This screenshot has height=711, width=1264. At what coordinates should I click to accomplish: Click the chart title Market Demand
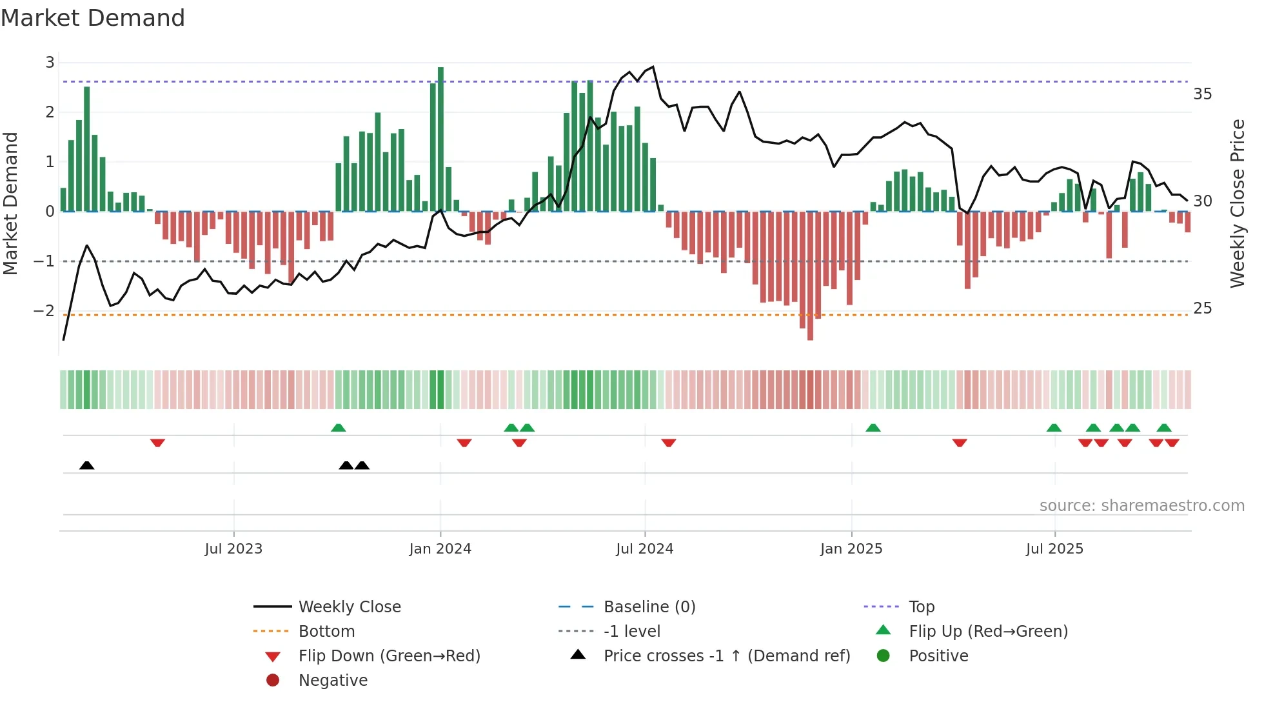(93, 18)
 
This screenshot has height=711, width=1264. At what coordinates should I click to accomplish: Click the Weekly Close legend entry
(349, 607)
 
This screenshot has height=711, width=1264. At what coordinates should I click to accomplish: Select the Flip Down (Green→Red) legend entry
(389, 656)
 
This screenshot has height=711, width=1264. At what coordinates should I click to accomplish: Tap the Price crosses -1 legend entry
(726, 656)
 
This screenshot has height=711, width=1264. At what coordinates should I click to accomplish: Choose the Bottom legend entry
(326, 632)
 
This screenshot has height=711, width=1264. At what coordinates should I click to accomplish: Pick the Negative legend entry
(333, 681)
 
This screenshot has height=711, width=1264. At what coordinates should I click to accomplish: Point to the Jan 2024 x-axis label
(440, 549)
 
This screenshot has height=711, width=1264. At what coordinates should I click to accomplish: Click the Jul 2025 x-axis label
(1054, 549)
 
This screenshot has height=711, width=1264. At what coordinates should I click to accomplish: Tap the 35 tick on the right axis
(1202, 94)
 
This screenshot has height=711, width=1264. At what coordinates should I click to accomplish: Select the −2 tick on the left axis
(44, 311)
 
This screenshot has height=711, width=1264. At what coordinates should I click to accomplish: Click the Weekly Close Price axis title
(1237, 203)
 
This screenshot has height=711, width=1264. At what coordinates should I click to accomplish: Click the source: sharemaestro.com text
(1141, 506)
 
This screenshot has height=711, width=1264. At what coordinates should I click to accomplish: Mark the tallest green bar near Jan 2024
(440, 139)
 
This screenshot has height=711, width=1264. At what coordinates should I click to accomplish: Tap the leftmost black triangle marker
(87, 465)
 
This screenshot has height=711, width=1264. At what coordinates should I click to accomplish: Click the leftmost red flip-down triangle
(157, 443)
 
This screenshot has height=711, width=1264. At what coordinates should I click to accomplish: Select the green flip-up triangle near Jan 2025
(873, 428)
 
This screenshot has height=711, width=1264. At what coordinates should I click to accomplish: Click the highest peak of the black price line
(653, 67)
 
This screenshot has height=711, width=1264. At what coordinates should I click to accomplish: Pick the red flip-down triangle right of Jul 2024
(668, 443)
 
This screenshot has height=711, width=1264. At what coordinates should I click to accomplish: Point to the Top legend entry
(921, 607)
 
